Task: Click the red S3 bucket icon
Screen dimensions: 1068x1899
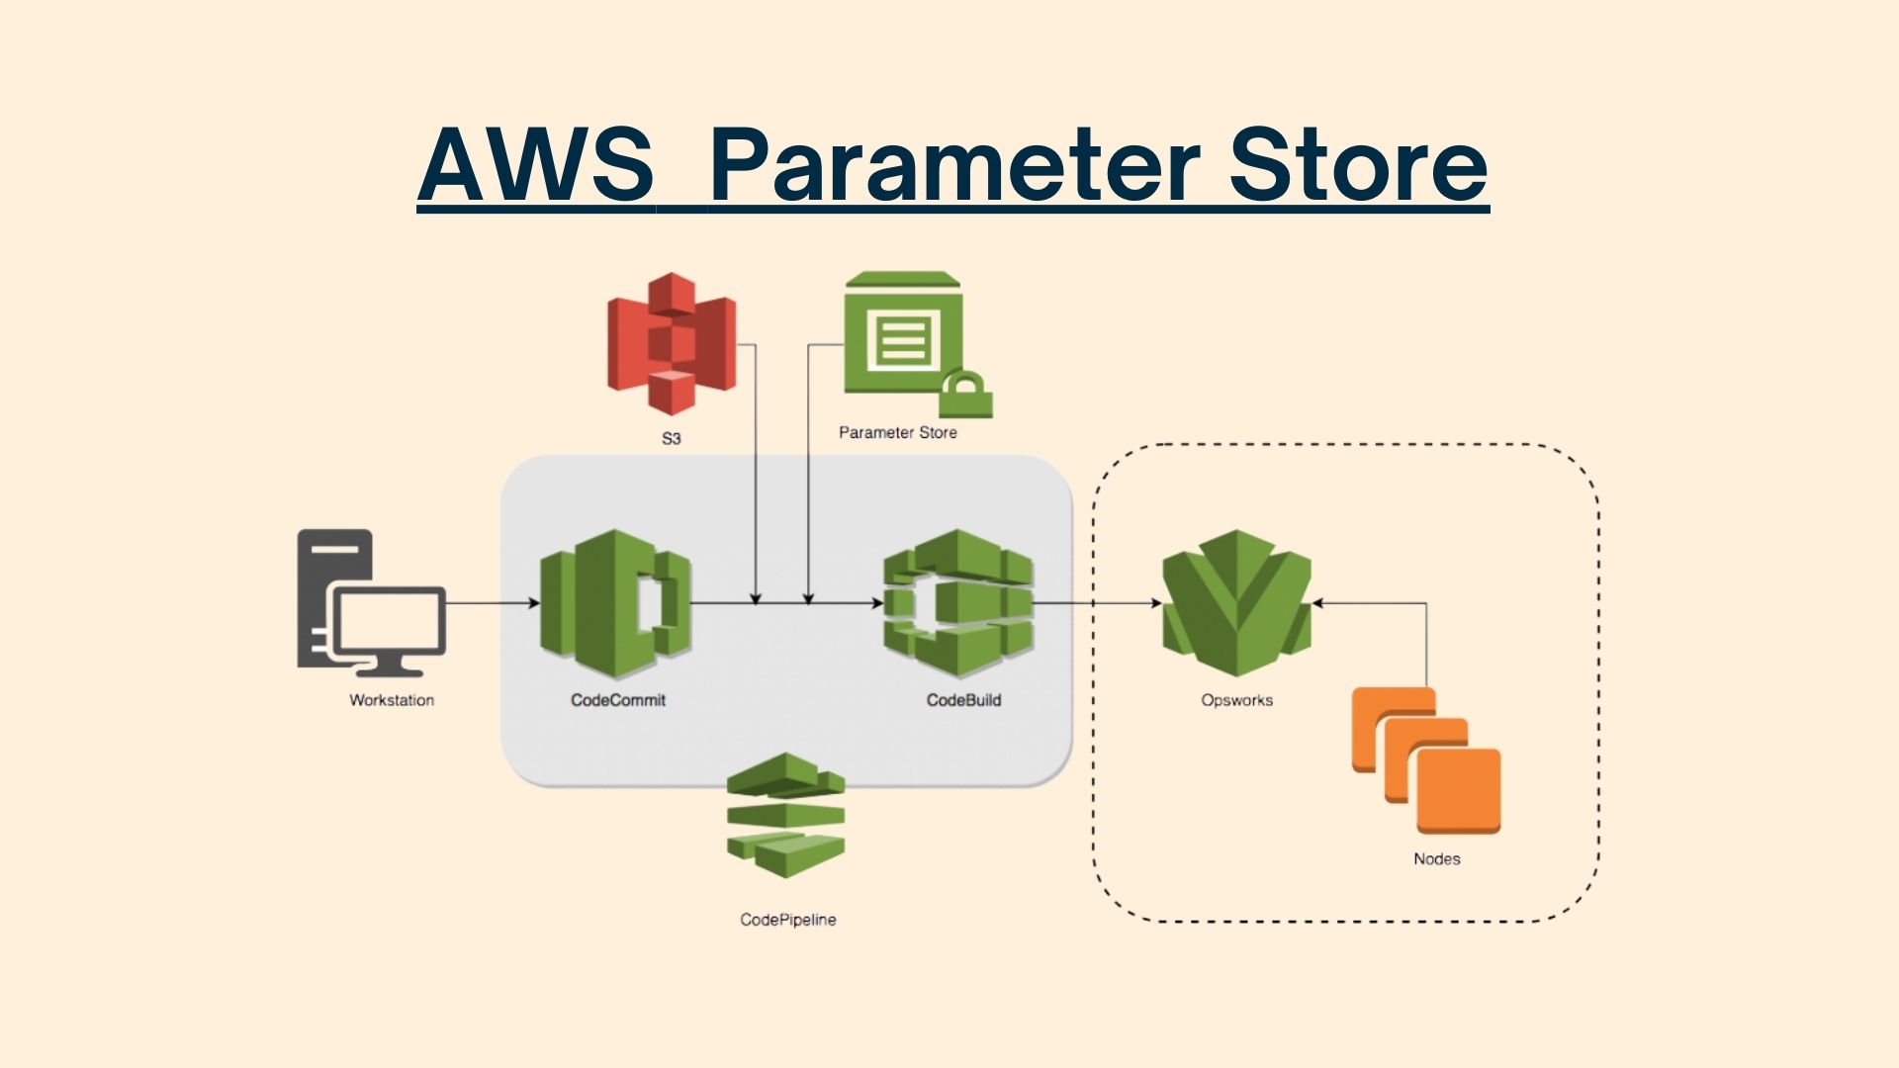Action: click(671, 343)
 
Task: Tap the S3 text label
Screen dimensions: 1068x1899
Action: click(671, 438)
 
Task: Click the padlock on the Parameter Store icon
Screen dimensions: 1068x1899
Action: click(965, 395)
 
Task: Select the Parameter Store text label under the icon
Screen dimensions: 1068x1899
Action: click(897, 432)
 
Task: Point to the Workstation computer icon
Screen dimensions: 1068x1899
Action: click(371, 603)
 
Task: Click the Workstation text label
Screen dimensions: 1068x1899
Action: click(392, 700)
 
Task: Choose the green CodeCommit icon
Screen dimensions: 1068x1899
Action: click(615, 603)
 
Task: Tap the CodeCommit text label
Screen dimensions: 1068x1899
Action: click(617, 700)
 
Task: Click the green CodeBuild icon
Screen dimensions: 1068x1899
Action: click(957, 603)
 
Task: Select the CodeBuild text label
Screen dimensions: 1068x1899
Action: click(963, 700)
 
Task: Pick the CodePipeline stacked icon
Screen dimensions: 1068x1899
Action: click(786, 816)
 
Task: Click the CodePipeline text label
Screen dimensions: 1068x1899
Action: click(787, 920)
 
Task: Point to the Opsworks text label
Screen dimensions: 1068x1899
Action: click(1236, 700)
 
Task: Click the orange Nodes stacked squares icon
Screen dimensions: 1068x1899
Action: click(1426, 760)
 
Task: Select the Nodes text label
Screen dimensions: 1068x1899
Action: click(1436, 859)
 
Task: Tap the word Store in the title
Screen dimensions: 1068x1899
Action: click(1357, 165)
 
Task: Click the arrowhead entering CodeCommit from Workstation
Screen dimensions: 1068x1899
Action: click(534, 603)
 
